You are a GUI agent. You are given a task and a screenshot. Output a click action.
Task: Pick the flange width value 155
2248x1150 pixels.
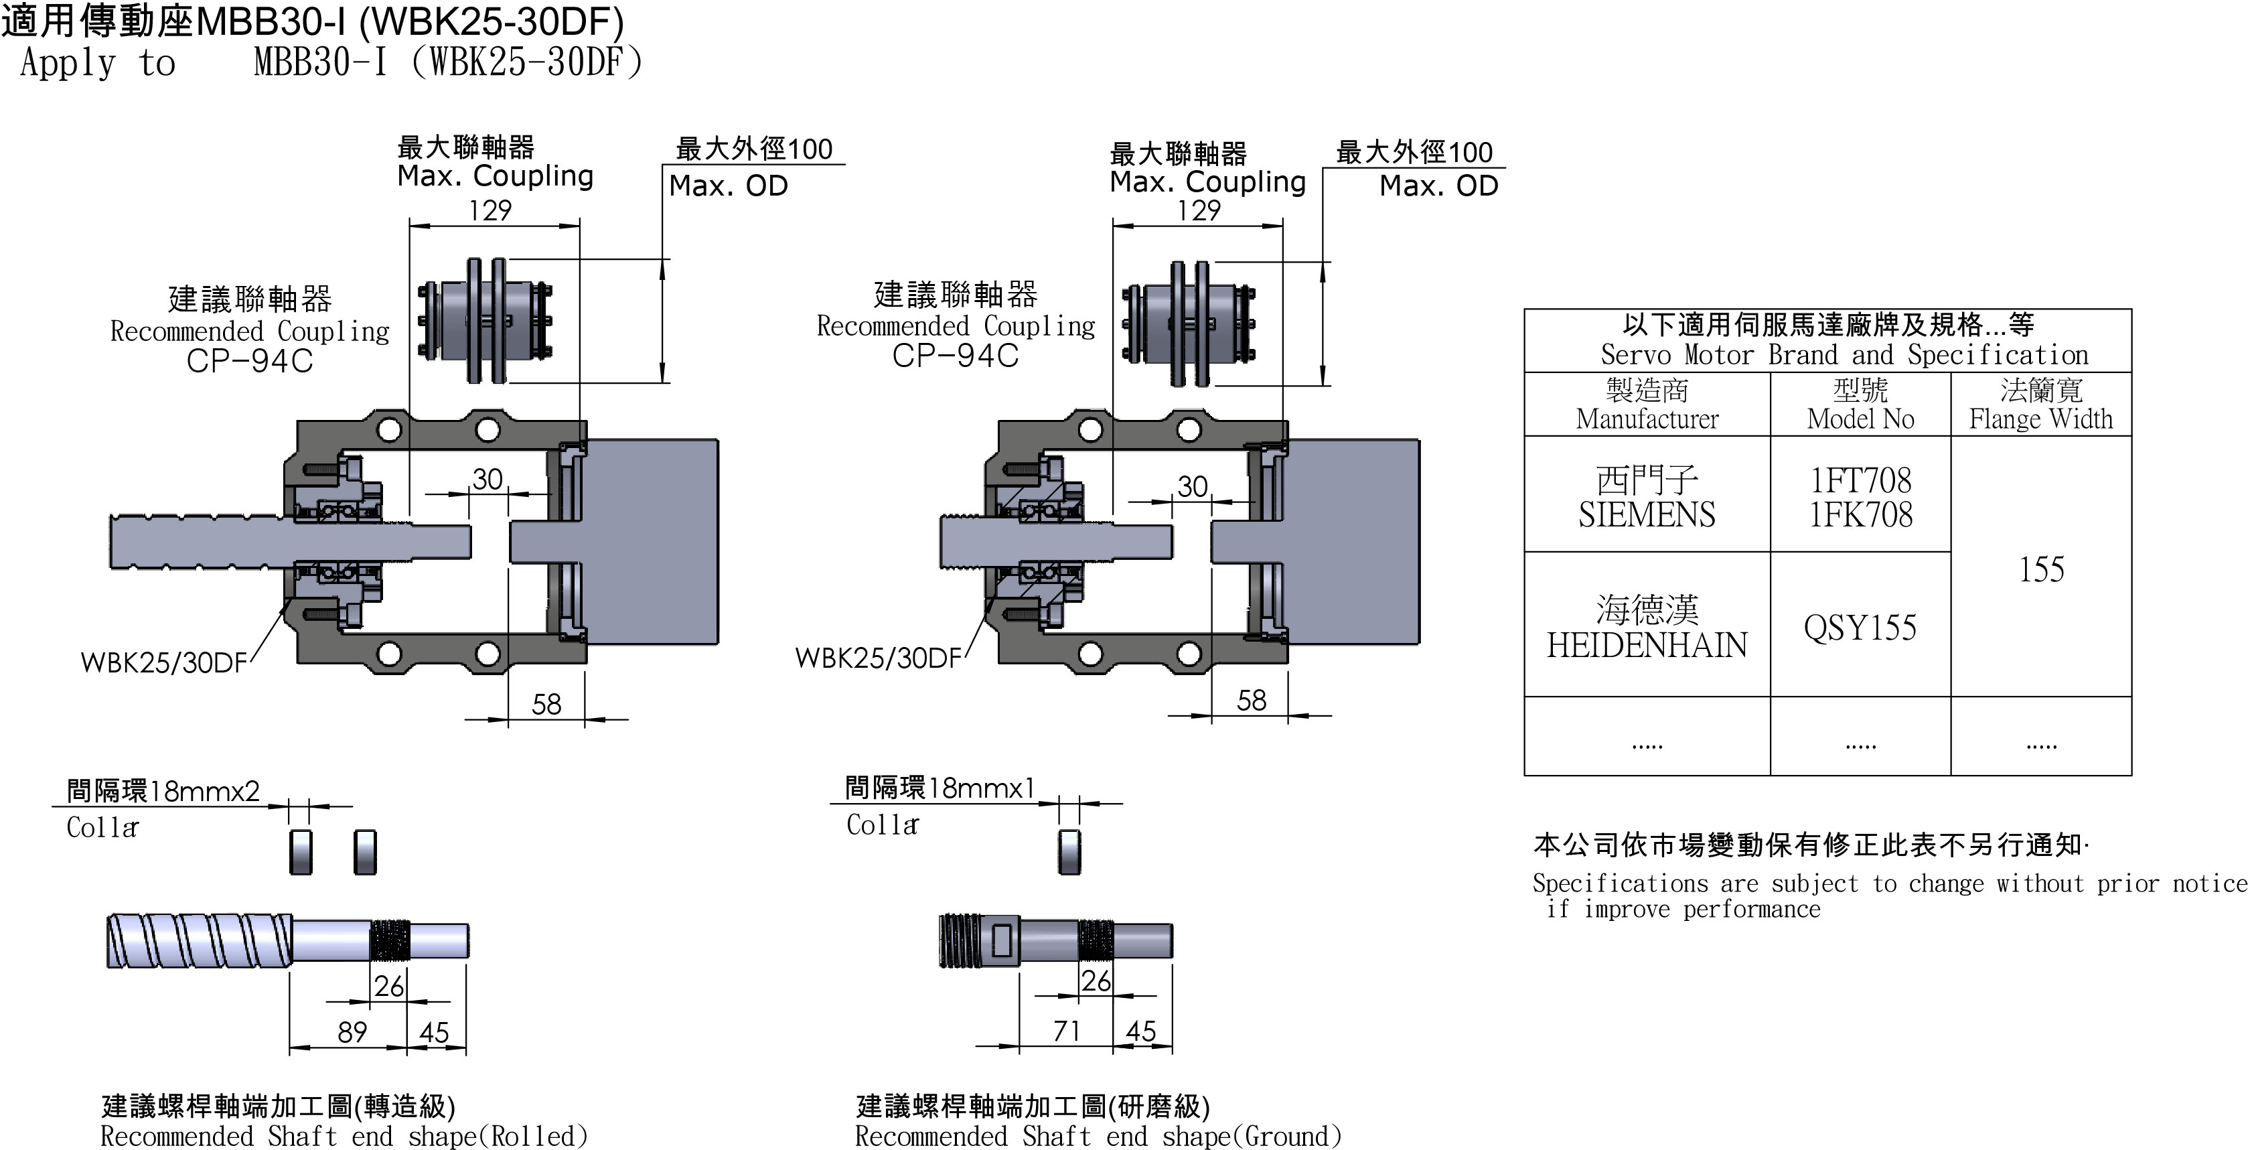[2041, 570]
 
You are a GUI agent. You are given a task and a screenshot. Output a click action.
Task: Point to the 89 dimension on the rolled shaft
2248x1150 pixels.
[352, 1032]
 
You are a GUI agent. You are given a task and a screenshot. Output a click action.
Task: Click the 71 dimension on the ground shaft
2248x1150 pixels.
[1066, 1031]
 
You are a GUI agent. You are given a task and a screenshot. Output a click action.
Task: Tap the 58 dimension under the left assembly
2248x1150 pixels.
[546, 704]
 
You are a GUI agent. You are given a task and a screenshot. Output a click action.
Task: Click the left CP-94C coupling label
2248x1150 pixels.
[250, 360]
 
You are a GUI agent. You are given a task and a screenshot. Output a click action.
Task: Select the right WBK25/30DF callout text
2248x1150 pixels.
[878, 658]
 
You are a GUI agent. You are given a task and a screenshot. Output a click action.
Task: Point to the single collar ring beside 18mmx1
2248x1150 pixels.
[1069, 851]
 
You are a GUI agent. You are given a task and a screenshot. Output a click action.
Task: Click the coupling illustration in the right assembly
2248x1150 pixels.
[1189, 324]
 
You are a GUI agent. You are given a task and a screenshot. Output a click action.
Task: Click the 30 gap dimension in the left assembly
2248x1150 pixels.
[487, 479]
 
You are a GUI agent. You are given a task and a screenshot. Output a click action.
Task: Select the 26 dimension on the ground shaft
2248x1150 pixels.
[1096, 981]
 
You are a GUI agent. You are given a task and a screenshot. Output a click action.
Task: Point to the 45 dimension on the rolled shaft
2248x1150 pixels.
[435, 1032]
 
